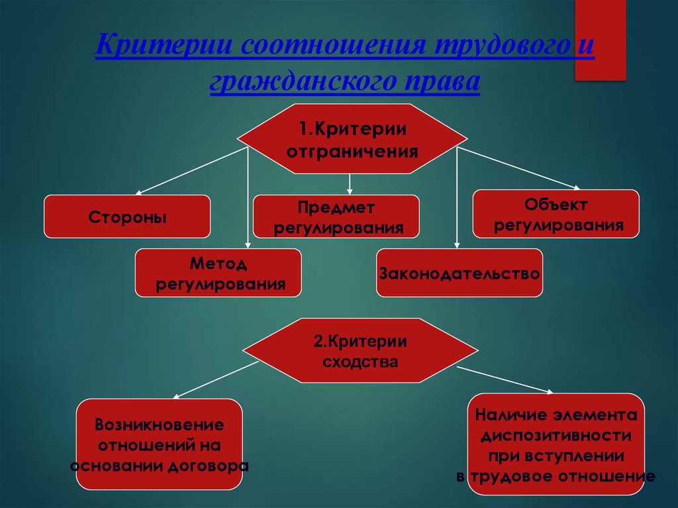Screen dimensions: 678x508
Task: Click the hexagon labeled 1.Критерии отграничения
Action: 352,138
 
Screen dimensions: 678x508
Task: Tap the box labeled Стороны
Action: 127,217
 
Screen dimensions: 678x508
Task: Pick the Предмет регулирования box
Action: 336,217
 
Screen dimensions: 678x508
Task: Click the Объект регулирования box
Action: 556,214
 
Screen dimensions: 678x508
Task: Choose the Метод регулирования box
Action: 218,273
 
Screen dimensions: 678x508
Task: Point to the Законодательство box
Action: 460,273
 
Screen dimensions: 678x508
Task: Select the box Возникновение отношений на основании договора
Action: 159,444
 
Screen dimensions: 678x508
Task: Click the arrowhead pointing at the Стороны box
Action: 139,193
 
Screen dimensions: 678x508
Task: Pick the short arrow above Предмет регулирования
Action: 350,184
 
